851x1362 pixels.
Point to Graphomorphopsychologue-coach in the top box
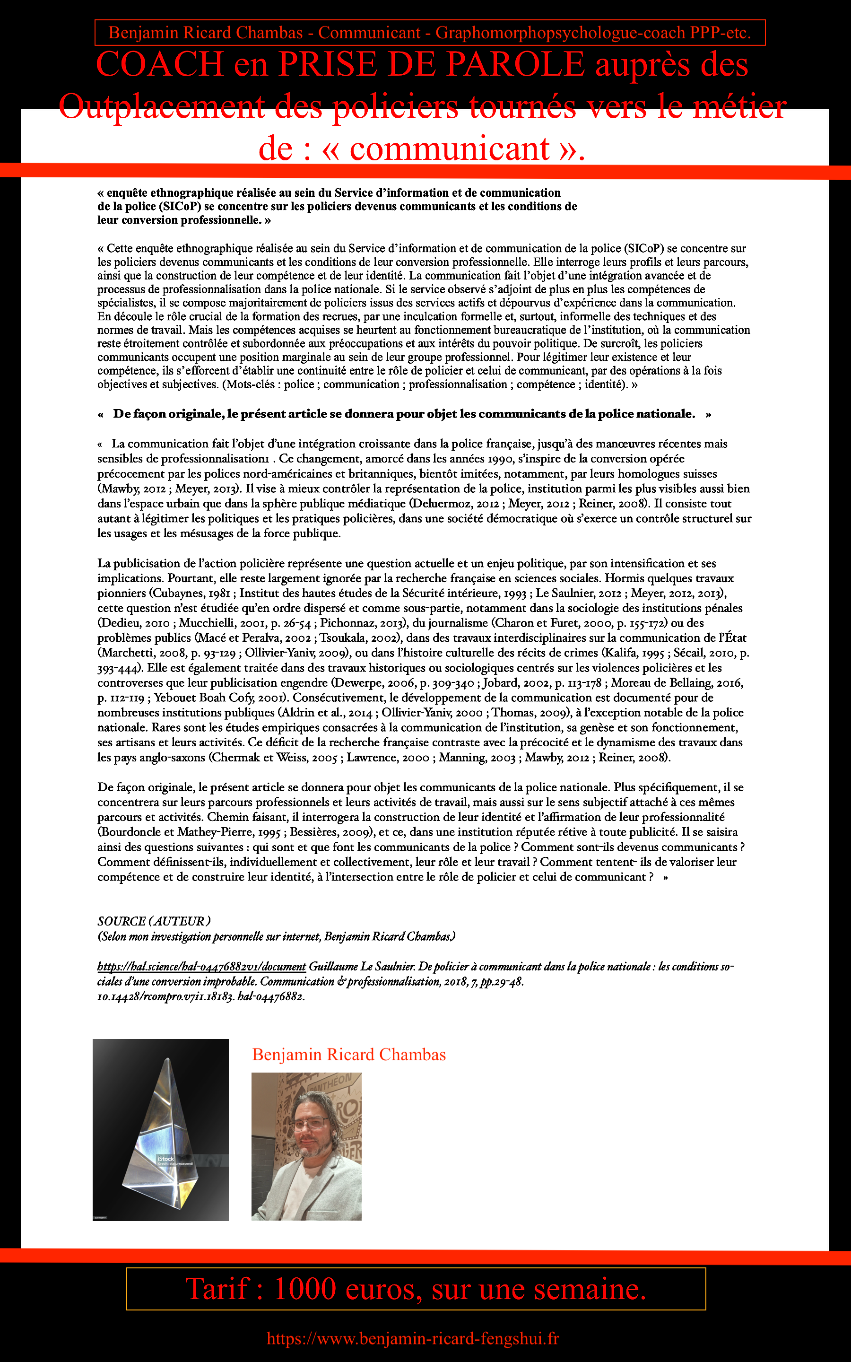click(560, 33)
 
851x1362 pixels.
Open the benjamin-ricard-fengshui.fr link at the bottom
click(413, 1338)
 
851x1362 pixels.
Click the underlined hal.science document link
click(201, 966)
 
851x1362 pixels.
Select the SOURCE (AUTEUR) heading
click(154, 921)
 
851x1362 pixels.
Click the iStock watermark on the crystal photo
click(165, 1158)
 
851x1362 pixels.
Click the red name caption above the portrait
click(349, 1055)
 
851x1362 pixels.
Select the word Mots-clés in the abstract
click(250, 384)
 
